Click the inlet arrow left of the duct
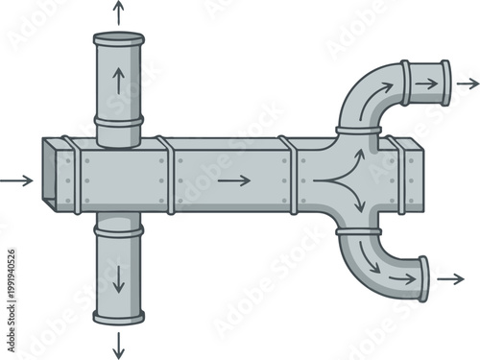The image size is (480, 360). pyautogui.click(x=16, y=180)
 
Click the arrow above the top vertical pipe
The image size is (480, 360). pyautogui.click(x=118, y=12)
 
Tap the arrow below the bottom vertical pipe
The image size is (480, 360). pyautogui.click(x=118, y=344)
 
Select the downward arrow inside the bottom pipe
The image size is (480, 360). pyautogui.click(x=118, y=277)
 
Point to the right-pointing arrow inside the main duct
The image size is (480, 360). pyautogui.click(x=234, y=180)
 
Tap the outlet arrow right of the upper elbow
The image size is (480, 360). pyautogui.click(x=467, y=83)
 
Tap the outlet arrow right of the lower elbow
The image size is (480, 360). pyautogui.click(x=449, y=279)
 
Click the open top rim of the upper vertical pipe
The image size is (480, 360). pyautogui.click(x=118, y=37)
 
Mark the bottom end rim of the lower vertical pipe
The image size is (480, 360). pyautogui.click(x=118, y=318)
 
